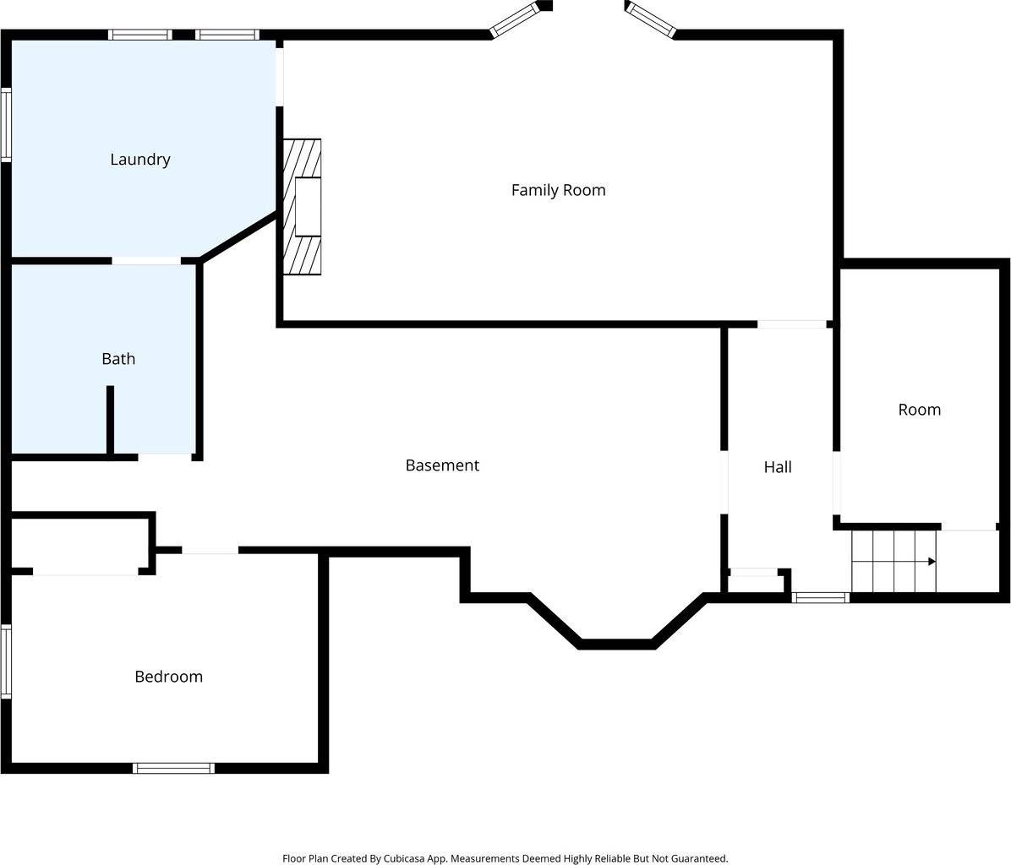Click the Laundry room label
(140, 160)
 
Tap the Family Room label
(558, 190)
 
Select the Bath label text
(118, 359)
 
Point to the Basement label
(442, 465)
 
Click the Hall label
(778, 467)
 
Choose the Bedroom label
(169, 677)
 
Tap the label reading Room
(919, 410)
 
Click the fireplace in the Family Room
(303, 207)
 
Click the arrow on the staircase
(931, 561)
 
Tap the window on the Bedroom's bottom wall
(173, 768)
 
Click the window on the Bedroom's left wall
(6, 661)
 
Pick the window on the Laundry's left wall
(6, 125)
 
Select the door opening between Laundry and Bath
(146, 260)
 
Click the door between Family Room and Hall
(791, 324)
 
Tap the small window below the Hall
(820, 598)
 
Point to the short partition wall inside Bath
(110, 420)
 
